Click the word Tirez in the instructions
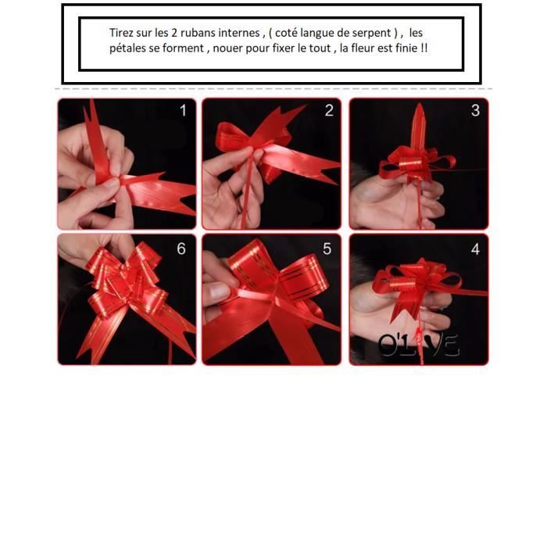[x=121, y=33]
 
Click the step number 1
[x=183, y=111]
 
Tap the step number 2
[x=329, y=111]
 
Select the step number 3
[x=475, y=111]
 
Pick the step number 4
[x=475, y=249]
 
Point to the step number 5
[x=327, y=248]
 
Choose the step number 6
[x=181, y=248]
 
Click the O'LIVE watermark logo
[x=418, y=345]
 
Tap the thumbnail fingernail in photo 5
[x=218, y=291]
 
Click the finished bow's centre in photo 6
[x=129, y=290]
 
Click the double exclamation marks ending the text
[x=424, y=48]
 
